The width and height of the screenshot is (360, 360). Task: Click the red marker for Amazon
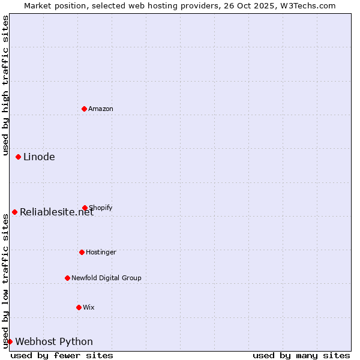[x=84, y=109]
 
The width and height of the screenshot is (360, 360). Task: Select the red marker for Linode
[x=18, y=157]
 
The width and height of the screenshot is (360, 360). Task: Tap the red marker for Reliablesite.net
[x=14, y=212]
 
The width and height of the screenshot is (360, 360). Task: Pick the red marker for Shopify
[x=85, y=208]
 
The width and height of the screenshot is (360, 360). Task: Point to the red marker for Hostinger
[x=82, y=252]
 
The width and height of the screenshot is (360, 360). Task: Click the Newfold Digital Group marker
[x=67, y=278]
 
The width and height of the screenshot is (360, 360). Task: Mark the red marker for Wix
[x=79, y=307]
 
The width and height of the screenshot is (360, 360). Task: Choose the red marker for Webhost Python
[x=10, y=341]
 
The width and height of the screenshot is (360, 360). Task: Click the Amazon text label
[x=101, y=109]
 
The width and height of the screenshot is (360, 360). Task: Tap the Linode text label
[x=39, y=157]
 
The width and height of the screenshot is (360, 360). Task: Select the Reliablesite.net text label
[x=56, y=212]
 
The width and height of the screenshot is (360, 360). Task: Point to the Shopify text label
[x=101, y=208]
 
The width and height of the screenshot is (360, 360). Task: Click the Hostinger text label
[x=101, y=252]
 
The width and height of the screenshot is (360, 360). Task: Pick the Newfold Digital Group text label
[x=106, y=278]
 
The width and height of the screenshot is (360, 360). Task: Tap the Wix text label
[x=89, y=307]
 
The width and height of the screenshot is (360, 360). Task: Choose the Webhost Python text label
[x=54, y=342]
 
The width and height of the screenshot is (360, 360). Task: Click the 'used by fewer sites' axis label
[x=62, y=355]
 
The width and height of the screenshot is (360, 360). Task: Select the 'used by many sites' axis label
[x=301, y=355]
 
